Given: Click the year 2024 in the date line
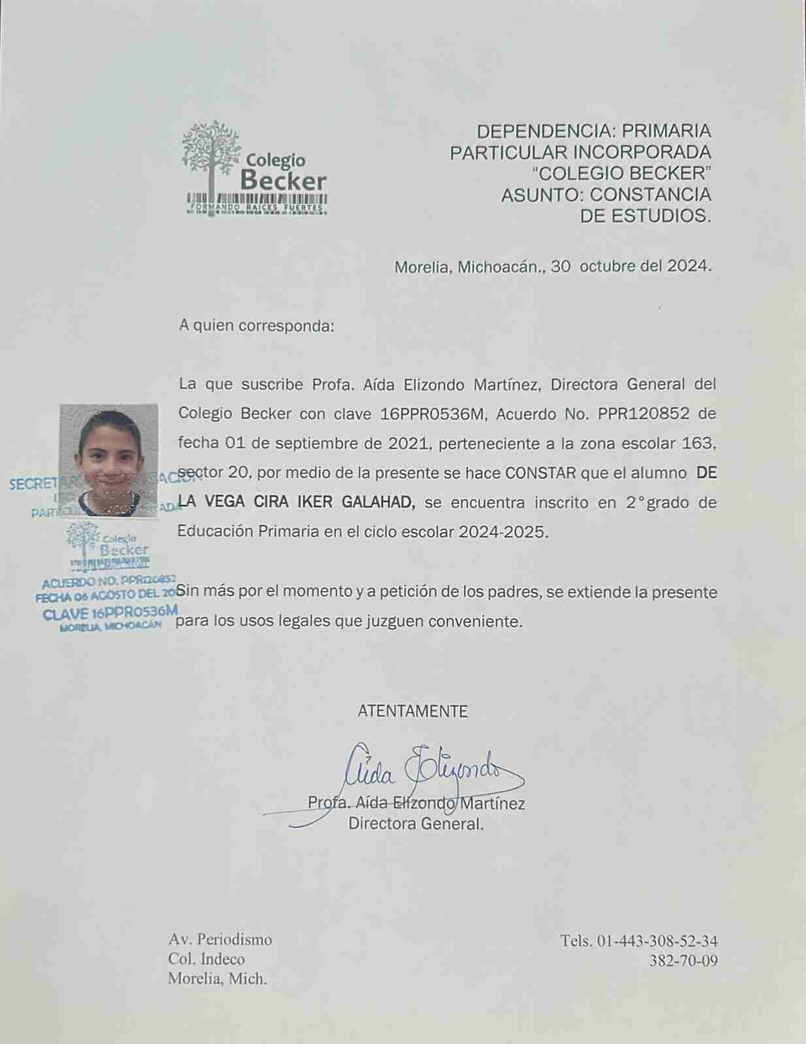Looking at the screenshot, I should [x=687, y=266].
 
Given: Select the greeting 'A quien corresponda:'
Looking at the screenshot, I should [x=256, y=325].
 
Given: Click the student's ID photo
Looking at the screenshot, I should [x=109, y=460].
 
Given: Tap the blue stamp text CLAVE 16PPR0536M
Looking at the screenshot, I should [x=110, y=612].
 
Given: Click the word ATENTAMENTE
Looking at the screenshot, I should [x=413, y=711].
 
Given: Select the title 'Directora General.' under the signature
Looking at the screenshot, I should [x=416, y=823].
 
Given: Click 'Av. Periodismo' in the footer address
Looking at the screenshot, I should [x=220, y=940].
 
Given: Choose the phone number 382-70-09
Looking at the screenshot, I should [x=683, y=960].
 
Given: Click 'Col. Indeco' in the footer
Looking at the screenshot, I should [x=206, y=959].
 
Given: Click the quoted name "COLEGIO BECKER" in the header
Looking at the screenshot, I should [x=621, y=173].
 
